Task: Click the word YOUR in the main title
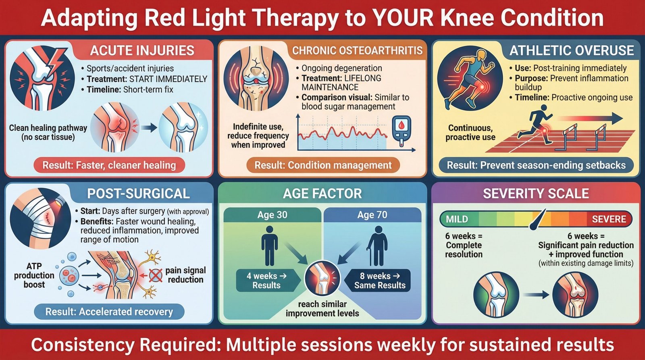click(x=403, y=18)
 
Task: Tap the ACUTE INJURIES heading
click(x=142, y=50)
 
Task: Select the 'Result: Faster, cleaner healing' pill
click(x=109, y=165)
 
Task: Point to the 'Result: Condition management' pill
click(x=323, y=165)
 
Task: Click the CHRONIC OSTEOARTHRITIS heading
click(x=357, y=50)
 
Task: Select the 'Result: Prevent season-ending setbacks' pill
click(x=536, y=165)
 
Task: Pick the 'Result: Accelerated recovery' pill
click(x=109, y=312)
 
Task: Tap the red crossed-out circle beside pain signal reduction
click(x=156, y=275)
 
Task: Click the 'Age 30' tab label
click(x=273, y=215)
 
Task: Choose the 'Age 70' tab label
click(x=372, y=215)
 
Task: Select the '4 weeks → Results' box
click(x=266, y=281)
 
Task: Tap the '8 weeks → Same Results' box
click(x=380, y=281)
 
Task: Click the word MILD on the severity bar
click(x=457, y=219)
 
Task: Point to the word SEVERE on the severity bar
click(x=609, y=219)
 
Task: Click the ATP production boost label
click(x=34, y=275)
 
